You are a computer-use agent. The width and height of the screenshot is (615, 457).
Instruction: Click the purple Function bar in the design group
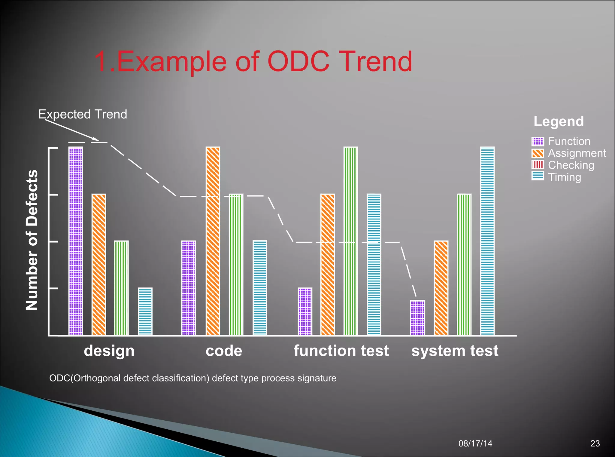pyautogui.click(x=76, y=241)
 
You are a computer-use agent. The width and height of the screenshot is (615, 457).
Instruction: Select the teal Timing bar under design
pyautogui.click(x=145, y=311)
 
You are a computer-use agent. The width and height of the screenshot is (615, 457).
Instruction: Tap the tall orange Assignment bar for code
pyautogui.click(x=213, y=241)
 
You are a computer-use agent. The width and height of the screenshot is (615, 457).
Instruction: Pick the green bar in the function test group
pyautogui.click(x=351, y=241)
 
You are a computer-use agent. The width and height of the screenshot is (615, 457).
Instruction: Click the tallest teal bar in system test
pyautogui.click(x=487, y=241)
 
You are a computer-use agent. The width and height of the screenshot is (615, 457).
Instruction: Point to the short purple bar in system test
pyautogui.click(x=417, y=317)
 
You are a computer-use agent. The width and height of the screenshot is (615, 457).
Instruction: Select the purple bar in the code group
pyautogui.click(x=189, y=288)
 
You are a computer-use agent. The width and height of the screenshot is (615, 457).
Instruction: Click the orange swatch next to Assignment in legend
pyautogui.click(x=538, y=153)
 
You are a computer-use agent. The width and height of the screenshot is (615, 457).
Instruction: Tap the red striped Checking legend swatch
pyautogui.click(x=538, y=165)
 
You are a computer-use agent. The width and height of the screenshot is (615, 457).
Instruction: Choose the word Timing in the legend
pyautogui.click(x=565, y=177)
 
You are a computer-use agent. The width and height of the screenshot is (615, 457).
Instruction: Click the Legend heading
pyautogui.click(x=559, y=121)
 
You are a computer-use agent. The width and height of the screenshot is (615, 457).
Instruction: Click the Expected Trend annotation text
pyautogui.click(x=83, y=114)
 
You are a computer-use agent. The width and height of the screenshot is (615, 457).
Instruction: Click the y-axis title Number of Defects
pyautogui.click(x=32, y=240)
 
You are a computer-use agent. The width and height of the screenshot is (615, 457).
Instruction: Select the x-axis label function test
pyautogui.click(x=341, y=351)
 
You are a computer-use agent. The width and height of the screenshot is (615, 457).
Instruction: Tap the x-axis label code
pyautogui.click(x=224, y=351)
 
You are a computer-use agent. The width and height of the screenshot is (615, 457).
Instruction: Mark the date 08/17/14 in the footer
pyautogui.click(x=475, y=443)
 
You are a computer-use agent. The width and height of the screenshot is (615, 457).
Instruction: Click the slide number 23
pyautogui.click(x=595, y=443)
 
